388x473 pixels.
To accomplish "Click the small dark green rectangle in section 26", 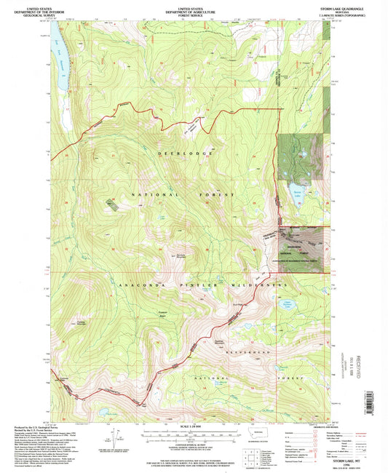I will (x=111, y=204).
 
